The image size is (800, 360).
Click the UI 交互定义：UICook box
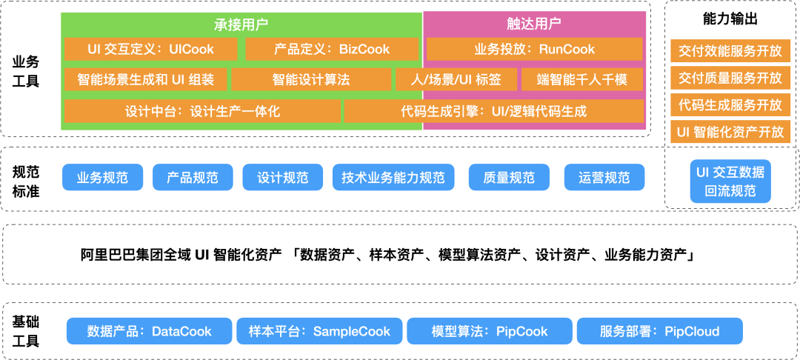[x=151, y=50]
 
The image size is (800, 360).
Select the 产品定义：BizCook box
[x=332, y=50]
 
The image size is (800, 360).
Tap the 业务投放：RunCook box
[x=534, y=50]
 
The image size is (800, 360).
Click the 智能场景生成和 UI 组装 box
[x=145, y=79]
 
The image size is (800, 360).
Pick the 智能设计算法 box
[x=310, y=79]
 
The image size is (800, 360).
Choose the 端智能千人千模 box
[x=581, y=79]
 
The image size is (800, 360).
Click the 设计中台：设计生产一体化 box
[x=202, y=111]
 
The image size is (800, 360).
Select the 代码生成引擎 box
[x=494, y=111]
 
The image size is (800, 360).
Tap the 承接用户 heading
[x=241, y=23]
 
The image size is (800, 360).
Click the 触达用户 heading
[x=534, y=23]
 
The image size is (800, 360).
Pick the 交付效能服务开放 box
[x=730, y=51]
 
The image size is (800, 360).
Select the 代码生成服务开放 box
[x=730, y=104]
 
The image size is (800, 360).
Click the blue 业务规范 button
[x=102, y=178]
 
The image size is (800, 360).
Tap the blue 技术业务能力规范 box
[x=393, y=178]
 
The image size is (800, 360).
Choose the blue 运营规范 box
[x=604, y=178]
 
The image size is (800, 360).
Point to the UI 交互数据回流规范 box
[x=730, y=181]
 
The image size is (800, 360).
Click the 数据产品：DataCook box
[x=149, y=331]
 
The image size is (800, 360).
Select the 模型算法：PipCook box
[x=489, y=331]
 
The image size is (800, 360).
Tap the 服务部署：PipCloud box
[x=659, y=331]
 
